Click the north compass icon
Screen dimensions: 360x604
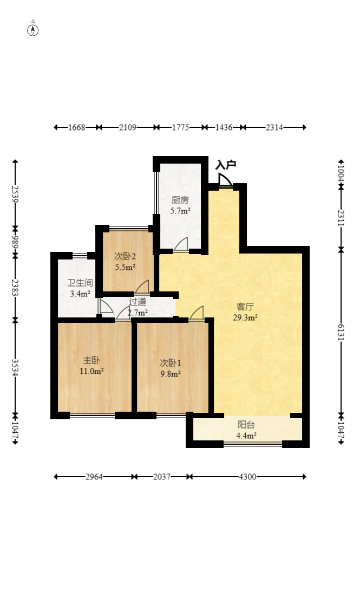(32, 30)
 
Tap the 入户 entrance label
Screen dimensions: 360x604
(226, 165)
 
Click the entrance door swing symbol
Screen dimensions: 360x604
(225, 180)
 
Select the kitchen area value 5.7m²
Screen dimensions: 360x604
(181, 211)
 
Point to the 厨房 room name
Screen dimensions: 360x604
(180, 200)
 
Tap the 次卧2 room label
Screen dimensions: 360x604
(125, 256)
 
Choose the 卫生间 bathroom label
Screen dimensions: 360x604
(80, 283)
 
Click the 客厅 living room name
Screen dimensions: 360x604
(245, 307)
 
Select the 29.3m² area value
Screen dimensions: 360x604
(245, 318)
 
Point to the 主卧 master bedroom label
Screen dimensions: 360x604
(91, 361)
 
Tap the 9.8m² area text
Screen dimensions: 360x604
(171, 374)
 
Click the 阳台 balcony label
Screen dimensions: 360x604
(246, 425)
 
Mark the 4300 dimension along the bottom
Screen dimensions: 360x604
(247, 477)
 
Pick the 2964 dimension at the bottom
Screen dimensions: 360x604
(94, 477)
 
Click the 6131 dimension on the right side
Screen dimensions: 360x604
(341, 332)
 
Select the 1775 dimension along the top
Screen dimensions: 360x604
(180, 127)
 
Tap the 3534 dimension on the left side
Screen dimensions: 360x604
(15, 368)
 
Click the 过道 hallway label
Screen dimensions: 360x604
(138, 302)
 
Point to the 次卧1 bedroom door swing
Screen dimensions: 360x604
(197, 313)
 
